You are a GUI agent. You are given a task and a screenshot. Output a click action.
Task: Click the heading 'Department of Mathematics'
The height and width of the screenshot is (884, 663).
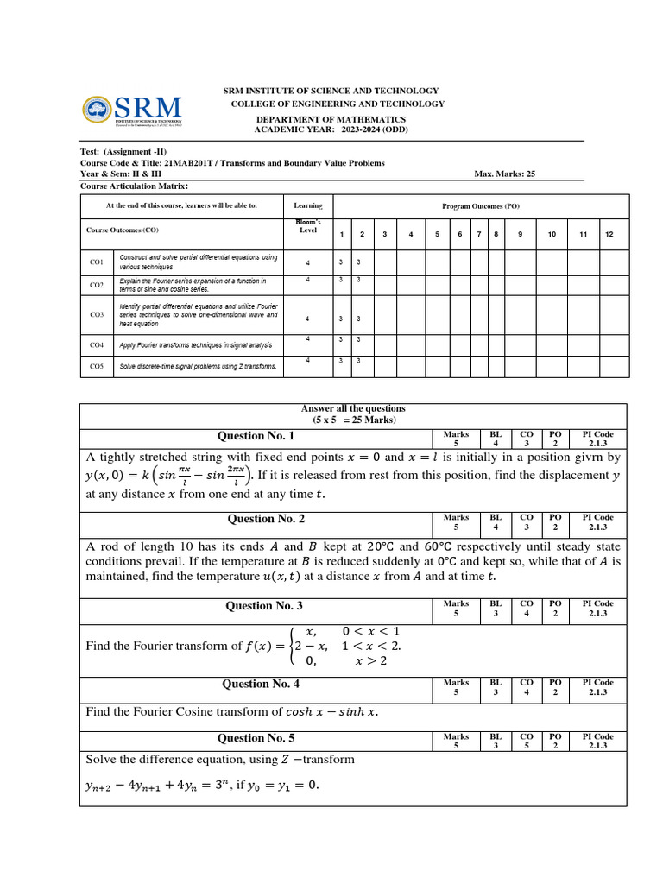(331, 119)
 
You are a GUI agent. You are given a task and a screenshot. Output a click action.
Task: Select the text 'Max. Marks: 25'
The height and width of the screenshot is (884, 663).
(505, 174)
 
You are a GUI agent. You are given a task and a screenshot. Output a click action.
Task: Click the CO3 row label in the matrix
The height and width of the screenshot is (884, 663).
(97, 315)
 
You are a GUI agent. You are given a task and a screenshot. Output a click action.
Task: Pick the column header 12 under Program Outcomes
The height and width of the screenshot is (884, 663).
(609, 234)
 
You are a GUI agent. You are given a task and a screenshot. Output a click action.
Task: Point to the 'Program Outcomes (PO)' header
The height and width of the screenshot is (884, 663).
(481, 206)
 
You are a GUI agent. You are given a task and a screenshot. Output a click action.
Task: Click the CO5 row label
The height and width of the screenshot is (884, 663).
(97, 366)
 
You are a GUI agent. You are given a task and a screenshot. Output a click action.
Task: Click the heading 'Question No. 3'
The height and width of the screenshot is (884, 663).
(264, 606)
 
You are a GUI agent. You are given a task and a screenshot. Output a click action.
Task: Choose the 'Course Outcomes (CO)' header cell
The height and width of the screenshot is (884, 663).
(123, 230)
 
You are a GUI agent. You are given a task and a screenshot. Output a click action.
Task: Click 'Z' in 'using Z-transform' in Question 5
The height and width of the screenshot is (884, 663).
(286, 760)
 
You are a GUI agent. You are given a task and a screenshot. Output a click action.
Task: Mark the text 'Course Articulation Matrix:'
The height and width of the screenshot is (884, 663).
(134, 186)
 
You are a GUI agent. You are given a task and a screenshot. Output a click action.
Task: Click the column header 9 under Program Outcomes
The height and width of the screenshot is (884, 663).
(520, 234)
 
